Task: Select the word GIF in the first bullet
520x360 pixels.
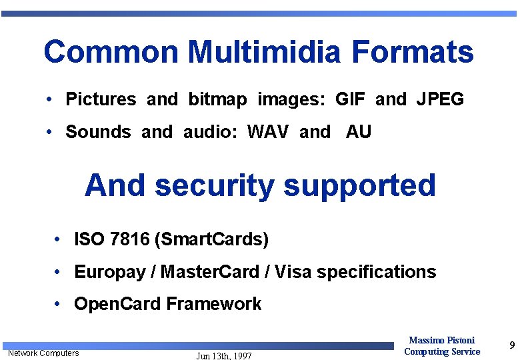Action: (x=350, y=100)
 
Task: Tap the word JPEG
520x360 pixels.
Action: (x=440, y=100)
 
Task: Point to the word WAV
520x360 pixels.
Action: (x=268, y=132)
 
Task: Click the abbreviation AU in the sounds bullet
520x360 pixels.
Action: (x=358, y=132)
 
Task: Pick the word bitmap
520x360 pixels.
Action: (x=217, y=100)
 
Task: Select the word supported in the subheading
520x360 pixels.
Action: (x=359, y=186)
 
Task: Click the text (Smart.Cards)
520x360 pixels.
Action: (x=211, y=239)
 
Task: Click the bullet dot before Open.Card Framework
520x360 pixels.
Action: (x=59, y=304)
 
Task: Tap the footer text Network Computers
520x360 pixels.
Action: (x=43, y=353)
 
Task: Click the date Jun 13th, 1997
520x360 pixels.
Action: (x=224, y=356)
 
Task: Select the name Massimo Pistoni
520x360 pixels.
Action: (x=442, y=341)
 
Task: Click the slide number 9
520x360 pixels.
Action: (x=511, y=345)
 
